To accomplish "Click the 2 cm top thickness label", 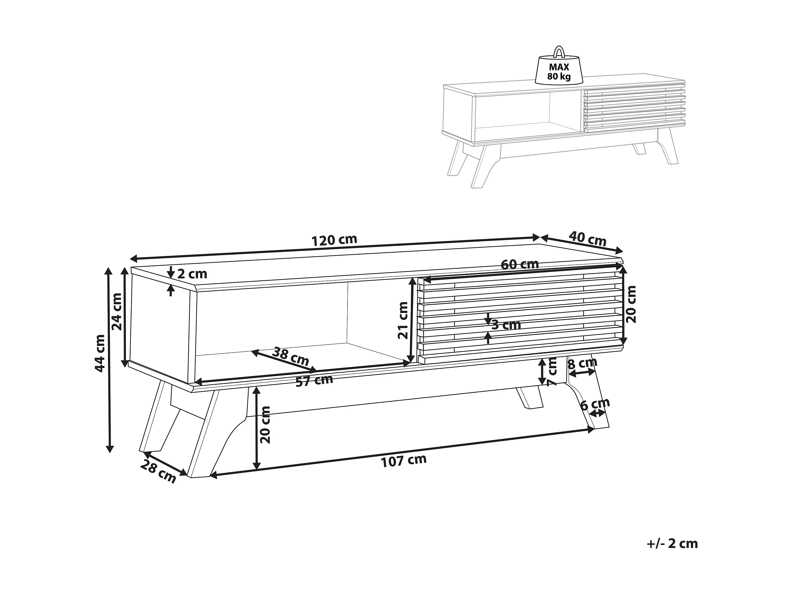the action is (x=192, y=274).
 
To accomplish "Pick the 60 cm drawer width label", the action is (x=520, y=264).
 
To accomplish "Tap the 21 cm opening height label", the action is (x=403, y=320).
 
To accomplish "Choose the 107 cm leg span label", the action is (x=403, y=460).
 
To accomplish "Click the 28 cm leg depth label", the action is (x=158, y=472).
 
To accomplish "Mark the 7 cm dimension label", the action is (x=552, y=372).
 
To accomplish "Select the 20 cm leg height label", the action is (x=265, y=425).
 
